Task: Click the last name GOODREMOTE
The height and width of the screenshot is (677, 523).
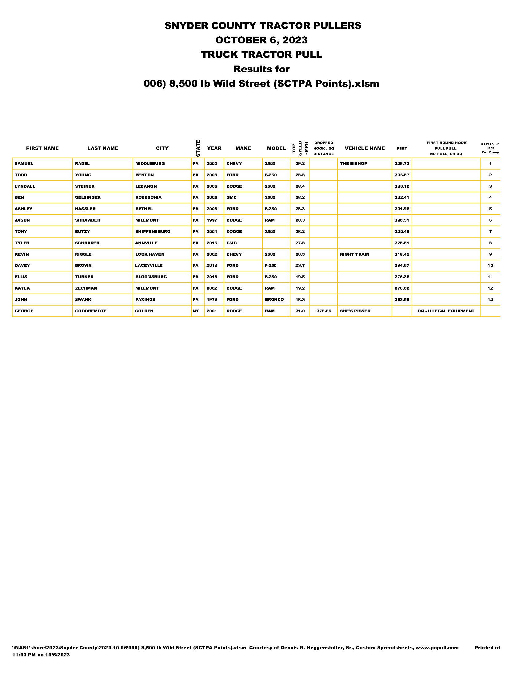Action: (90, 311)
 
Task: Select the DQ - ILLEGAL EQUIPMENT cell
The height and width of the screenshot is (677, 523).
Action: (446, 311)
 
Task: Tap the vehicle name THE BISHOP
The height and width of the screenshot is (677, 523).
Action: (353, 163)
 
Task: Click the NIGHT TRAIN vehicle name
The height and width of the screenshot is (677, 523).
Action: (354, 254)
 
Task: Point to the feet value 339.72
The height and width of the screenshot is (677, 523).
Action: (402, 163)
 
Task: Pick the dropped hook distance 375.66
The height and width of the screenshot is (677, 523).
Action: (324, 311)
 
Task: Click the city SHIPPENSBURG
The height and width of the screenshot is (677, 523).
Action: (153, 231)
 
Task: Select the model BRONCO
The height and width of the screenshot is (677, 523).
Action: (274, 299)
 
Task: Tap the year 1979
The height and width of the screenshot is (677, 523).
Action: (212, 299)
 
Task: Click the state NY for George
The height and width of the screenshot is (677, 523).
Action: (196, 311)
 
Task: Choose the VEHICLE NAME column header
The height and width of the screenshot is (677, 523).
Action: (365, 148)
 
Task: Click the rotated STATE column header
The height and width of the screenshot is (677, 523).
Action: (198, 148)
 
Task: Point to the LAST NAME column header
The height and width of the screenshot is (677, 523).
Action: (102, 148)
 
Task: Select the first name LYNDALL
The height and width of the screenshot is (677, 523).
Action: (25, 186)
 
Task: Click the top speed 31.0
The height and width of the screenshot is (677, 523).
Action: (300, 311)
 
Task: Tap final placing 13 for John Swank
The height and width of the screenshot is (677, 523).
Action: (490, 299)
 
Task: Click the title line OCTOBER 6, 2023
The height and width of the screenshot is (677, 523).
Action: (261, 40)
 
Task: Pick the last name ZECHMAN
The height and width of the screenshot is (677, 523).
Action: (86, 288)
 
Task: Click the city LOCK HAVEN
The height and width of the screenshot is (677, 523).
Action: (150, 254)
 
